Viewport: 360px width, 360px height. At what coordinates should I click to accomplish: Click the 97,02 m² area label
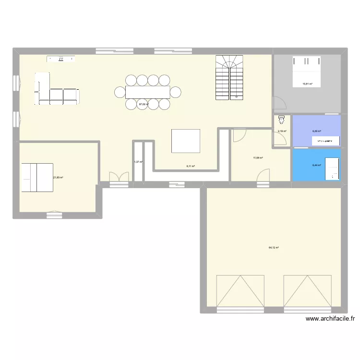144,104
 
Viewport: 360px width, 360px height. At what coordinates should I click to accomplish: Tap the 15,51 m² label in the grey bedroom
307,84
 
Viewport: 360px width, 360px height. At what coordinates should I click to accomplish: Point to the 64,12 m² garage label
274,248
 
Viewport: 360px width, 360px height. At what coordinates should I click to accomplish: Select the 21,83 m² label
58,177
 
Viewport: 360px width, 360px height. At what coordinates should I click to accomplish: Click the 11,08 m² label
258,157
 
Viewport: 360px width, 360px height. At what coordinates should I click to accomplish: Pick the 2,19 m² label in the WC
282,131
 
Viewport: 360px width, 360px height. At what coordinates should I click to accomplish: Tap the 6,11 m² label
191,166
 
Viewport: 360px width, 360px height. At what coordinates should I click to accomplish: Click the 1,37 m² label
138,162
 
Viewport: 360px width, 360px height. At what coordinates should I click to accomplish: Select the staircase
228,77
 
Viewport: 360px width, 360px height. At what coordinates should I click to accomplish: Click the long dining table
147,91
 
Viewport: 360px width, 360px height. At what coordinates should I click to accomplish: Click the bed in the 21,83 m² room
36,177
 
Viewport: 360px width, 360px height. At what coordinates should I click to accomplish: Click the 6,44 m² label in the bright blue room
317,165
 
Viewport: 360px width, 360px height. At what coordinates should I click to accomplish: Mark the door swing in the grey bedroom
279,103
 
